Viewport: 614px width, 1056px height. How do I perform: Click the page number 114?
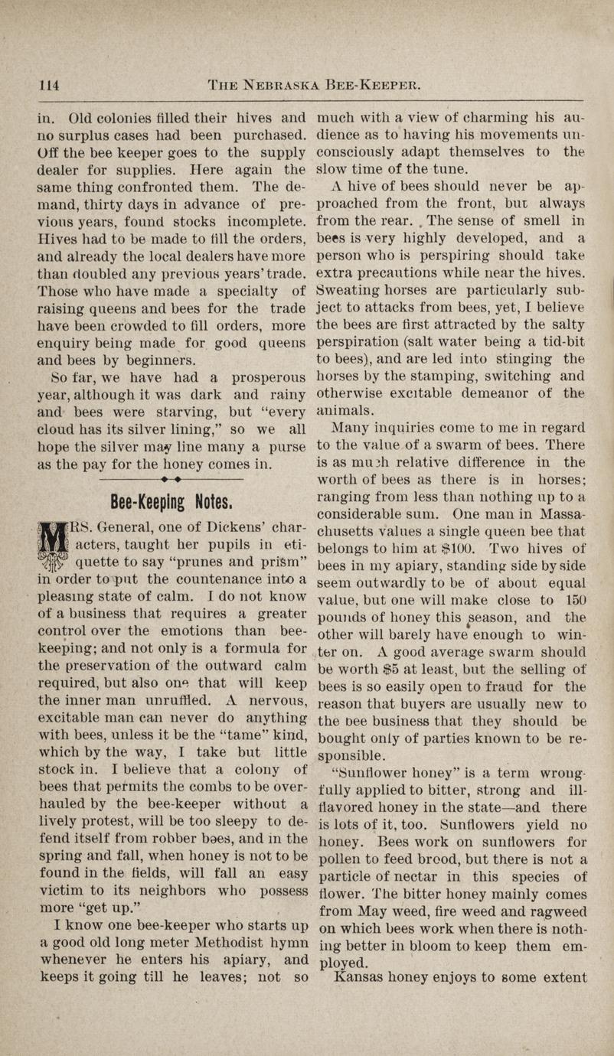click(50, 84)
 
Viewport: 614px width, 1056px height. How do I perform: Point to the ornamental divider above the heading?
click(171, 481)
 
